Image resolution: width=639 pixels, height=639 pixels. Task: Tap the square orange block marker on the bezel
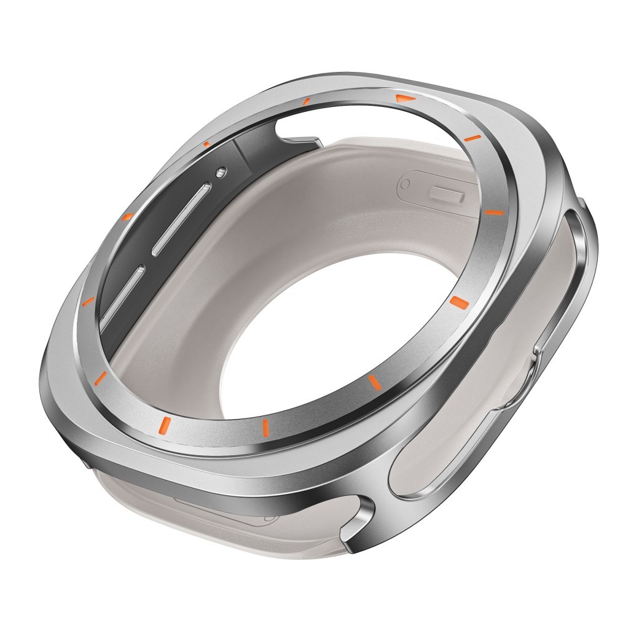[459, 301]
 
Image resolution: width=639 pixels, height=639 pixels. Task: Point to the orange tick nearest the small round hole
[206, 144]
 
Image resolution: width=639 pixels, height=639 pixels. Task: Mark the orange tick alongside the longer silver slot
[127, 216]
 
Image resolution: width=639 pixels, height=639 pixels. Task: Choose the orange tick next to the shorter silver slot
[88, 301]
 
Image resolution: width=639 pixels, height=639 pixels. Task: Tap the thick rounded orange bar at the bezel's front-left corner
[164, 423]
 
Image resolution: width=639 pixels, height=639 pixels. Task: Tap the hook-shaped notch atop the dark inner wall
[298, 132]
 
